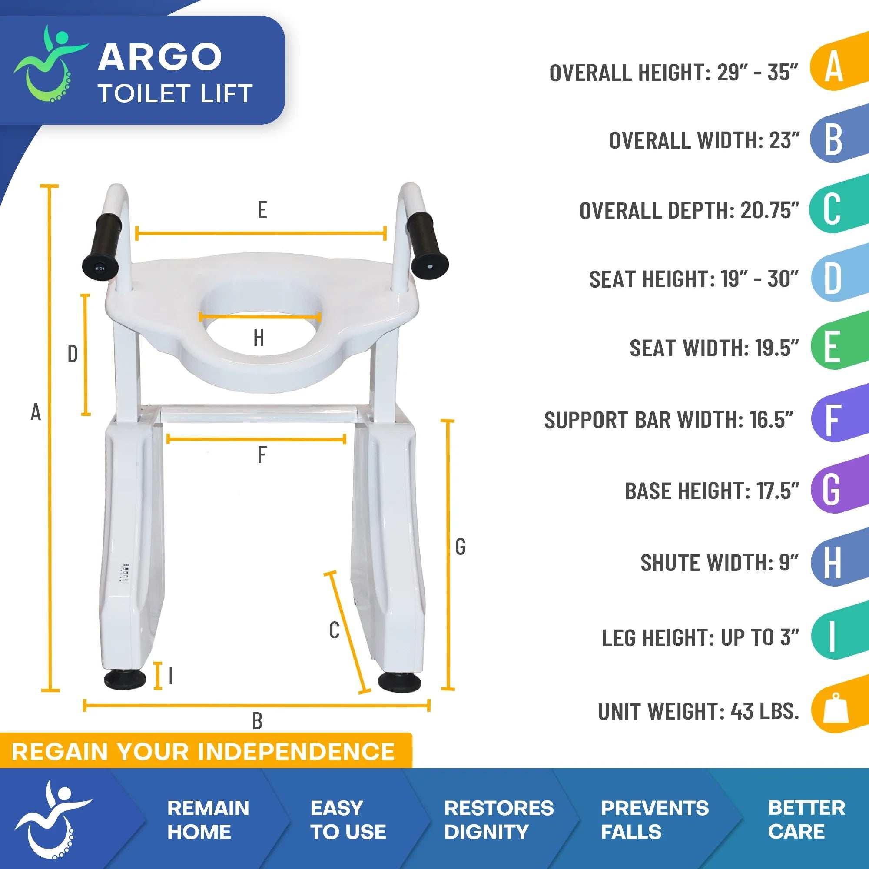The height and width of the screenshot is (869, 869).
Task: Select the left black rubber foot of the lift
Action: pos(125,680)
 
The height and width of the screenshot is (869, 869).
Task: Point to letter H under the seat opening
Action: pos(258,338)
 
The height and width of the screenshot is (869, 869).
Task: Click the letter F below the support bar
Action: pos(262,455)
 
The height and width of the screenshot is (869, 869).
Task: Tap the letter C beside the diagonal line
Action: pos(334,630)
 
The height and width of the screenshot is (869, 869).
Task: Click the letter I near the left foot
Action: pos(171,676)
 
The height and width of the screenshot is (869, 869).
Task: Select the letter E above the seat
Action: pos(262,210)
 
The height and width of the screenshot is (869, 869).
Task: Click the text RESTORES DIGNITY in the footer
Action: pos(498,819)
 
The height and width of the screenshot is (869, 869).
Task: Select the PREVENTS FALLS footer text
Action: pos(654,819)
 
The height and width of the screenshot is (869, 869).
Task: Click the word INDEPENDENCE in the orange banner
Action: pos(296,752)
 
